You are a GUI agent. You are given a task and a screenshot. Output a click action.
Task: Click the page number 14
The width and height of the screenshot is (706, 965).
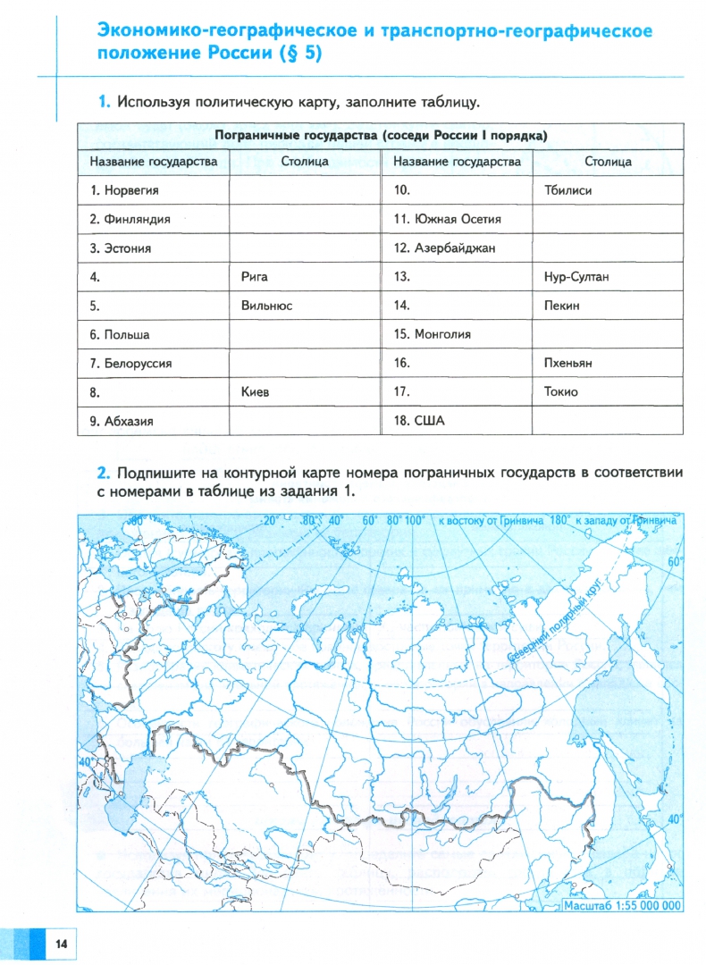[x=61, y=944]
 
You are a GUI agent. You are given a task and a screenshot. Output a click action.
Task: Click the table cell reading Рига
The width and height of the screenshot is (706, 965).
[x=255, y=277]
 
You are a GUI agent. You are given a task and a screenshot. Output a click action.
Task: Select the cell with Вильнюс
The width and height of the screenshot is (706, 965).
[x=266, y=306]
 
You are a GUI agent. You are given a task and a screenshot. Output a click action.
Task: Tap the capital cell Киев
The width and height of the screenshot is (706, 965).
[x=255, y=391]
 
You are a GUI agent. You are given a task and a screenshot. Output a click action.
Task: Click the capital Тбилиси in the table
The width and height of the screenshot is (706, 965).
[x=567, y=190]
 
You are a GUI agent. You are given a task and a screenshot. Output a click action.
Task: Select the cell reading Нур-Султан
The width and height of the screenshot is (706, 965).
[x=576, y=277]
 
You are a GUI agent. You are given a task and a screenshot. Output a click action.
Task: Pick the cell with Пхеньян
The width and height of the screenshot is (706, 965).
[x=568, y=363]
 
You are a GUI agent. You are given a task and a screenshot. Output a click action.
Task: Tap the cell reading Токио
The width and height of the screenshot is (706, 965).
[x=560, y=391]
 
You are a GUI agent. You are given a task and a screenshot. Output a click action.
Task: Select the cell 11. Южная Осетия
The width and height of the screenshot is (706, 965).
[x=447, y=219]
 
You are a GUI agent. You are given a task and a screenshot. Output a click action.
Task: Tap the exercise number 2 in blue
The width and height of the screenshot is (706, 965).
[x=104, y=473]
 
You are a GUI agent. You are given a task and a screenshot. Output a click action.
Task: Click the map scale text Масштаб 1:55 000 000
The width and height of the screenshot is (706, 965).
[x=621, y=905]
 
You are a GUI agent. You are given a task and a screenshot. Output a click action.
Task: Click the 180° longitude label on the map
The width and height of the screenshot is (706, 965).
[x=559, y=520]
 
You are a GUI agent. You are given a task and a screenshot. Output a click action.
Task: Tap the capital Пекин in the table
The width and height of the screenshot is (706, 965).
[x=561, y=306]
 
